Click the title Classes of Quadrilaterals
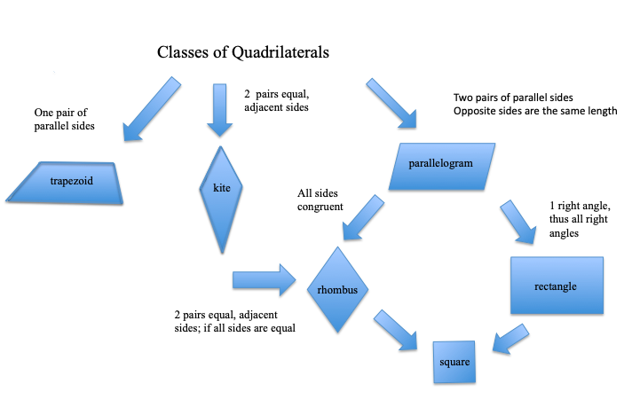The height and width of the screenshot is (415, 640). point(243,52)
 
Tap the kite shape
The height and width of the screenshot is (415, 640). point(221,200)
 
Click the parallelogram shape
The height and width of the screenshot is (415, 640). point(442,167)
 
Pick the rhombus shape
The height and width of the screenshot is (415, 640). point(337,289)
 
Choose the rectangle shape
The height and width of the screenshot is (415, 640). point(557,286)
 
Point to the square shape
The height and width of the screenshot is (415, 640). point(454,362)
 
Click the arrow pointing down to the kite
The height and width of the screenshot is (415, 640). point(219,110)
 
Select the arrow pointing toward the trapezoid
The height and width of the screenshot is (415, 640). point(152,109)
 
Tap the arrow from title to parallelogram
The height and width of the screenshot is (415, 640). point(391,104)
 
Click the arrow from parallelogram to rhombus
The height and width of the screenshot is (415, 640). point(363,217)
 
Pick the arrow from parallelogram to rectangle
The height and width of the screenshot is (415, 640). point(518,223)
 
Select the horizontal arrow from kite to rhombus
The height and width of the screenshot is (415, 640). point(265,280)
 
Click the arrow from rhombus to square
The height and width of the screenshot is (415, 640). point(396,330)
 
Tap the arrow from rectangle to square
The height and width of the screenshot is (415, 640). point(510,339)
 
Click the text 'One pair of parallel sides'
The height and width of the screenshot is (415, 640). point(65,119)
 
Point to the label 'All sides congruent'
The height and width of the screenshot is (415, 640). point(320,200)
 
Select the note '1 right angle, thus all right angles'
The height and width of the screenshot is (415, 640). point(580,219)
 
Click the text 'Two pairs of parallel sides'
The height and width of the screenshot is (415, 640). point(513,98)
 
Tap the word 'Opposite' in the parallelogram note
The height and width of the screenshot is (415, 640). point(471,111)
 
